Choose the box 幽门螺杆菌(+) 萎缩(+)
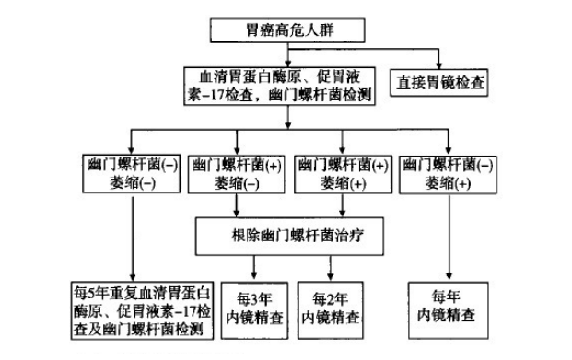[x=340, y=173]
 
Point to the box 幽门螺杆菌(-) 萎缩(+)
[x=448, y=173]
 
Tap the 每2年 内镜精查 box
[x=331, y=308]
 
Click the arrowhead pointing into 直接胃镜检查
[x=439, y=64]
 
